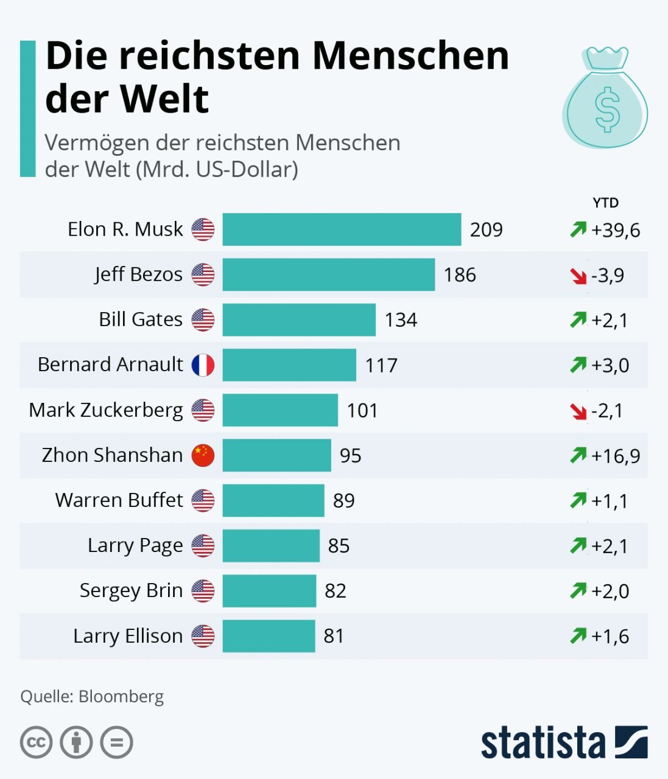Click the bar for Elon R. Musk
(342, 229)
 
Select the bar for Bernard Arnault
(289, 365)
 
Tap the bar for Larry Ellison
(269, 635)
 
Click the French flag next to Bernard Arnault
(203, 365)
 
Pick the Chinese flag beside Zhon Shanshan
(203, 455)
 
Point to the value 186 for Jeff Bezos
(460, 275)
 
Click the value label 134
(401, 320)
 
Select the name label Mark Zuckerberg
(106, 410)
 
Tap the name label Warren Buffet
(119, 500)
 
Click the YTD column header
(605, 203)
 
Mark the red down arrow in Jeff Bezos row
(578, 276)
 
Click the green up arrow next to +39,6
(578, 230)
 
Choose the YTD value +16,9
(616, 456)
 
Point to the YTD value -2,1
(607, 411)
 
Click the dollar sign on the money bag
(607, 110)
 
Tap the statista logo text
(543, 742)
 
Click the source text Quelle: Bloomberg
(92, 696)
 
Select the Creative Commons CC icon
(37, 742)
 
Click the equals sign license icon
(116, 742)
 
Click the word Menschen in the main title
(411, 56)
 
